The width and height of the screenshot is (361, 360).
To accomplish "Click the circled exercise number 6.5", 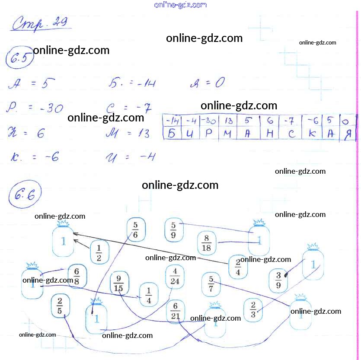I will [x=19, y=59].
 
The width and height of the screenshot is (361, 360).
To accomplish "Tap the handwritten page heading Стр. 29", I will [x=42, y=23].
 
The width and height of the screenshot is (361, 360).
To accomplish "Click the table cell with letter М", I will [x=228, y=134].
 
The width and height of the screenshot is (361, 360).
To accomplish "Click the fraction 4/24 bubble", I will [x=174, y=277].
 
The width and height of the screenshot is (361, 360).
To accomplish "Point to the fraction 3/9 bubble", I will [x=278, y=280].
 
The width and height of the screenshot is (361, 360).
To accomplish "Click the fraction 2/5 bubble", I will [x=60, y=306].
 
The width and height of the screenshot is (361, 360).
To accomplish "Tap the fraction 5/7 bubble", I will [x=211, y=284].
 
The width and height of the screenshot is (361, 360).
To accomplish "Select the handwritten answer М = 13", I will [x=128, y=134].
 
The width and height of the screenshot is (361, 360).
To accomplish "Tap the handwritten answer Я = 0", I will [x=208, y=83].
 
